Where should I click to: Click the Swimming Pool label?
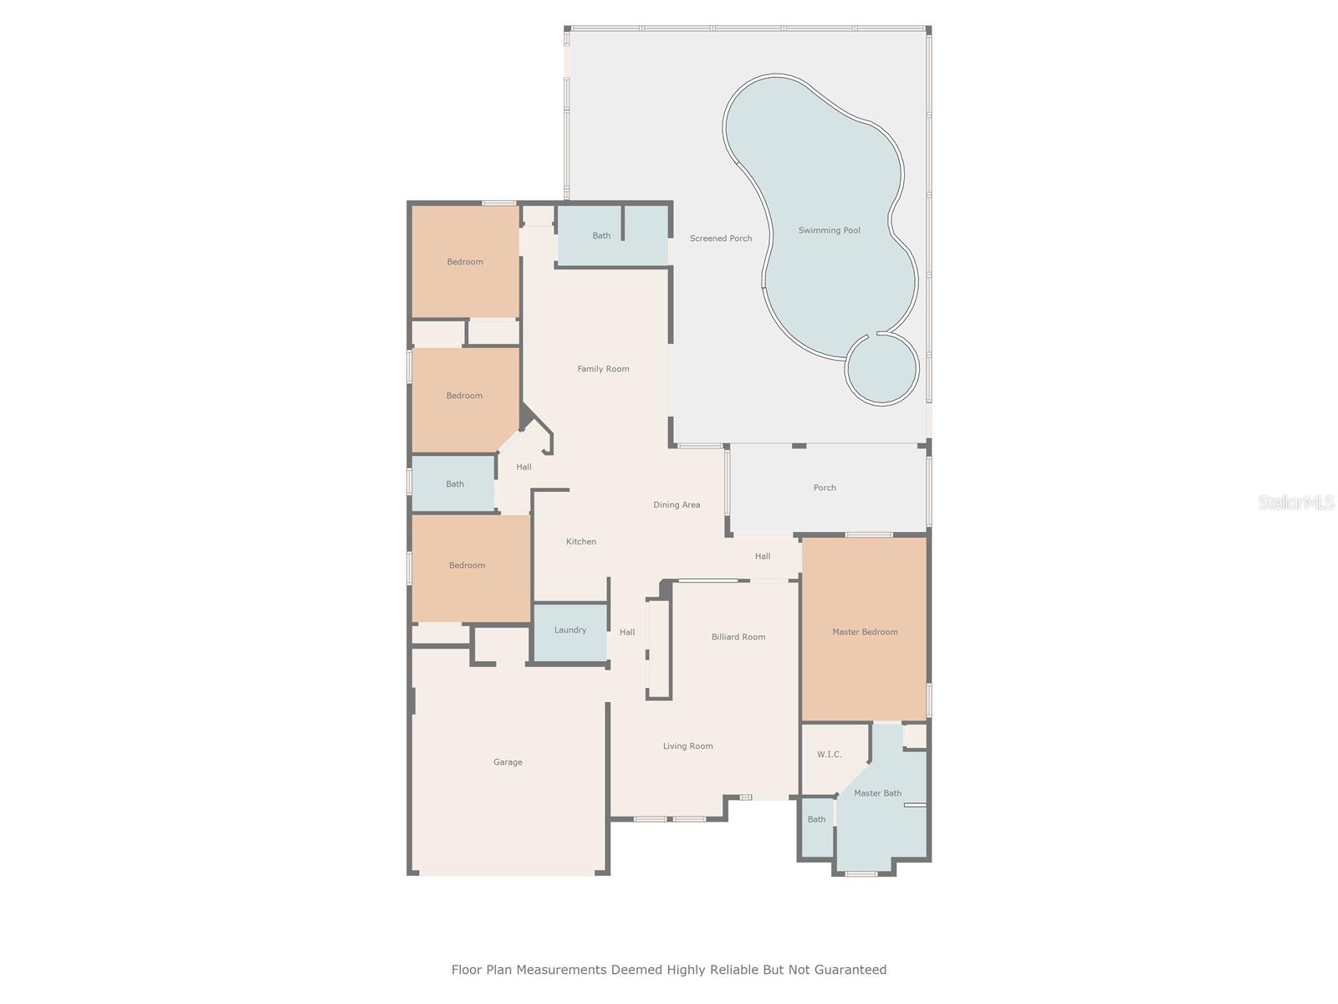tap(829, 231)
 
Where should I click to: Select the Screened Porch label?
tap(720, 238)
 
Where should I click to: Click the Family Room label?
tap(603, 369)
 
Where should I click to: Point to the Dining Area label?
tap(677, 505)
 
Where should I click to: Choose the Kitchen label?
tap(581, 542)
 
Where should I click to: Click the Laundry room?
tap(570, 631)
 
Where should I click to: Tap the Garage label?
tap(508, 762)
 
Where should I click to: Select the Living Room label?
tap(687, 746)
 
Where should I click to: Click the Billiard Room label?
tap(738, 638)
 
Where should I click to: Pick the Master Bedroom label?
tap(865, 633)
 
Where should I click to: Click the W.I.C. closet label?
tap(829, 755)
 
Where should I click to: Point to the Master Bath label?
tap(877, 793)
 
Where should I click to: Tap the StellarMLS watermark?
tap(1296, 503)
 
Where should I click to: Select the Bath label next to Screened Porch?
tap(601, 236)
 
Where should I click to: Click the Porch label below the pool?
tap(825, 488)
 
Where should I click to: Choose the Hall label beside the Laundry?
tap(627, 633)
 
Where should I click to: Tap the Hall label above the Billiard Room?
tap(763, 556)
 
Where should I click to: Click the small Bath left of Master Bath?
tap(816, 820)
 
